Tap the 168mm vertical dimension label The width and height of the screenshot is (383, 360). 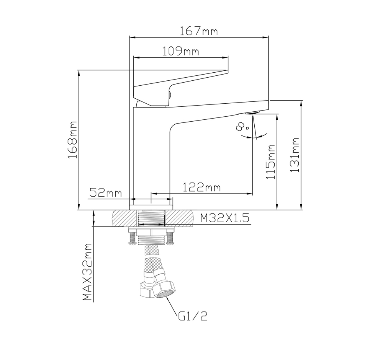[73, 140]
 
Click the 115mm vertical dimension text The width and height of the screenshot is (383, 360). [271, 162]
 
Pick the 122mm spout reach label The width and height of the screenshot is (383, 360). [201, 187]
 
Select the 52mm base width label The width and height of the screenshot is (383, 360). [105, 192]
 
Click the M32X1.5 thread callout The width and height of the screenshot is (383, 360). [225, 218]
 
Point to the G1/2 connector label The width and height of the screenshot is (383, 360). [193, 316]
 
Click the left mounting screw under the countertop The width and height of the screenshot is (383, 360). [132, 238]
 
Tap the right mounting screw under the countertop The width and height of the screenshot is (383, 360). [170, 238]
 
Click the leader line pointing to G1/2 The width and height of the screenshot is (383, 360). [172, 306]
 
